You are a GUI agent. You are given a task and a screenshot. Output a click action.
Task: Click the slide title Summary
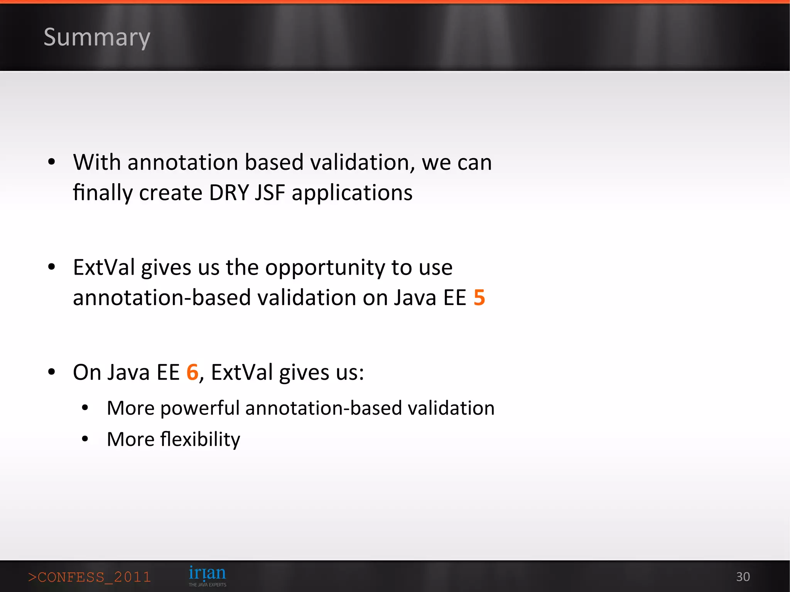point(96,37)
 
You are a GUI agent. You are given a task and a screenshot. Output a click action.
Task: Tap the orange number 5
point(479,297)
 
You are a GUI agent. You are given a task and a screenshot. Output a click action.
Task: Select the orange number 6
point(192,372)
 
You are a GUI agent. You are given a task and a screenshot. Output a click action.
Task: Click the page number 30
point(743,577)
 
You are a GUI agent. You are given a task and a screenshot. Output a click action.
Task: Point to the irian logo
point(207,573)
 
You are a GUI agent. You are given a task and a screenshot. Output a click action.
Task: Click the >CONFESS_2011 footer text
point(89,577)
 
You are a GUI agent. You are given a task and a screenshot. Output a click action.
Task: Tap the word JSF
point(270,192)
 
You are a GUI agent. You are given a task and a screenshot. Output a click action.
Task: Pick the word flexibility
point(200,439)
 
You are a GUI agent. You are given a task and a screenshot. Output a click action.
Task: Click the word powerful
point(200,408)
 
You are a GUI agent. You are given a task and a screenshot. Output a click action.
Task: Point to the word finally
point(103,193)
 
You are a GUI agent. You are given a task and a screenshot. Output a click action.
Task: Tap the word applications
point(352,193)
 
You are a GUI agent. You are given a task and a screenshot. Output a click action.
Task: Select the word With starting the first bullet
point(97,162)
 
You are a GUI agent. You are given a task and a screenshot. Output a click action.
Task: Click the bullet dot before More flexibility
point(85,439)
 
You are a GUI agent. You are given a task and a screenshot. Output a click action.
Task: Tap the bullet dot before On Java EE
point(52,372)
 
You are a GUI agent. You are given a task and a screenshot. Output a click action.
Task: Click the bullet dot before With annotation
point(52,162)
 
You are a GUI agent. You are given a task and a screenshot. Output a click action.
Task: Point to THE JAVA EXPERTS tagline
point(207,585)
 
